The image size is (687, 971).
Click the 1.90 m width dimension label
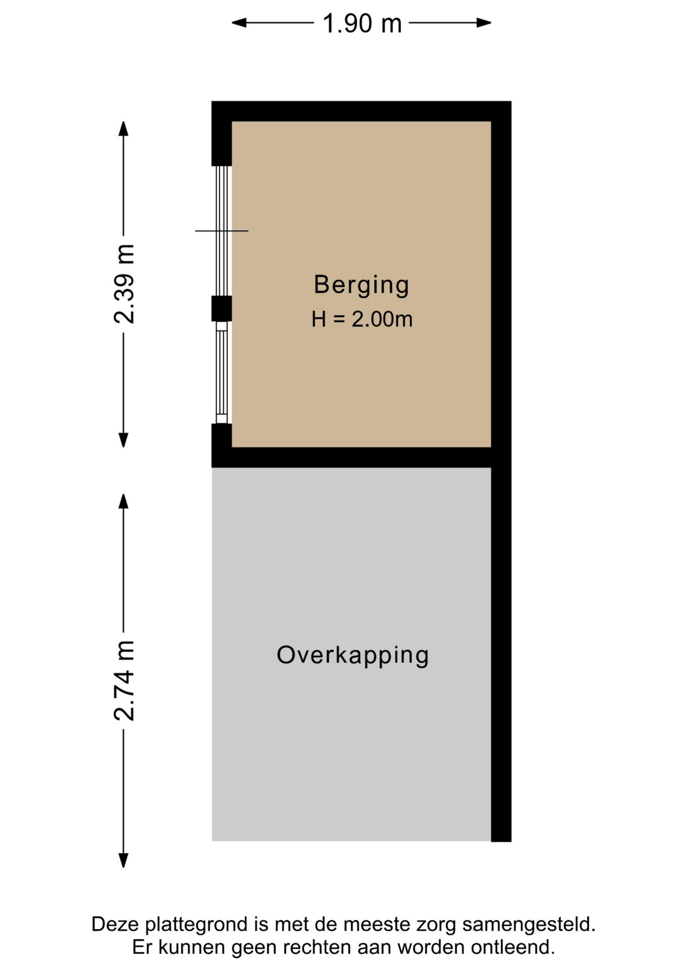(362, 23)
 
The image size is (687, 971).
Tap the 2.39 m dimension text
(124, 284)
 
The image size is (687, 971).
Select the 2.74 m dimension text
(124, 680)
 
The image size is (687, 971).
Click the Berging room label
(361, 285)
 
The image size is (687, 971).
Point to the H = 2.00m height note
(362, 319)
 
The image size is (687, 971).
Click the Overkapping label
(353, 656)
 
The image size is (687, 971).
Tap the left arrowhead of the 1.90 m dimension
(239, 23)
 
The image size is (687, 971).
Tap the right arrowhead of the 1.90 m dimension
(484, 23)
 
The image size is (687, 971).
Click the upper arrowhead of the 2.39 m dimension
(123, 128)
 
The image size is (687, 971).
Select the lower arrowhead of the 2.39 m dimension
(123, 440)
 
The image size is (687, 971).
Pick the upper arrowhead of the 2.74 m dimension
(123, 501)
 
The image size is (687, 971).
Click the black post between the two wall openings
(222, 308)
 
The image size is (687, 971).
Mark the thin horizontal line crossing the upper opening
(222, 231)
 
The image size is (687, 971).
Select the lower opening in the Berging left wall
(222, 373)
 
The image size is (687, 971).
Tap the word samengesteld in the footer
(529, 925)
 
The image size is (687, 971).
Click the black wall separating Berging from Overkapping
(352, 458)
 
